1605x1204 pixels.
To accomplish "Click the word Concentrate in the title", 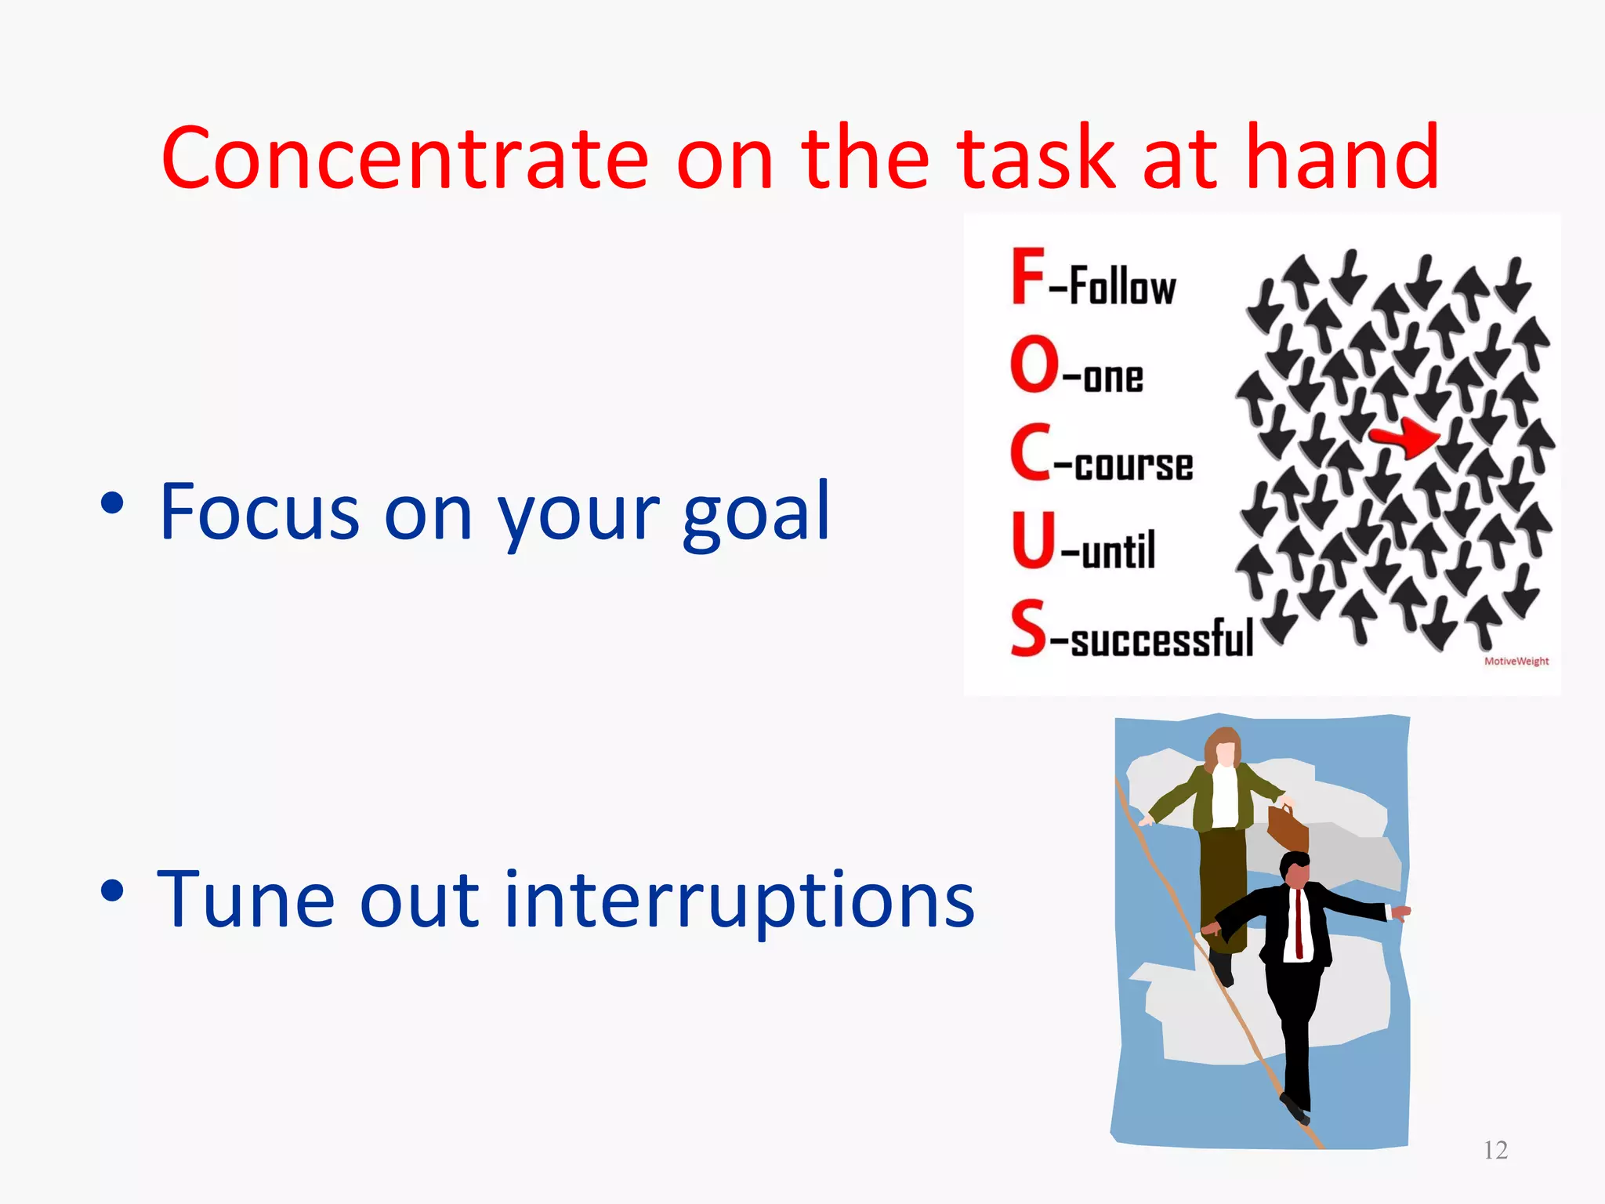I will pyautogui.click(x=404, y=159).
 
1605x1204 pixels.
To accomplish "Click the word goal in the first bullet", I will pyautogui.click(x=755, y=513).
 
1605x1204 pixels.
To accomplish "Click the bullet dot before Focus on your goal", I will pyautogui.click(x=113, y=503).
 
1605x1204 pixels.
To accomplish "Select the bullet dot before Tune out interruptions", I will pyautogui.click(x=113, y=891).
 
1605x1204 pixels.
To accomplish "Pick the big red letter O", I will pyautogui.click(x=1034, y=364).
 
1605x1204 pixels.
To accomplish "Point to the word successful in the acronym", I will pyautogui.click(x=1161, y=639).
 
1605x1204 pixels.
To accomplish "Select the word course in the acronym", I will pyautogui.click(x=1133, y=465).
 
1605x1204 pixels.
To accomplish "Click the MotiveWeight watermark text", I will pyautogui.click(x=1516, y=661).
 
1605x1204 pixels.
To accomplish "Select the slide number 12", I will pyautogui.click(x=1495, y=1150).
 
